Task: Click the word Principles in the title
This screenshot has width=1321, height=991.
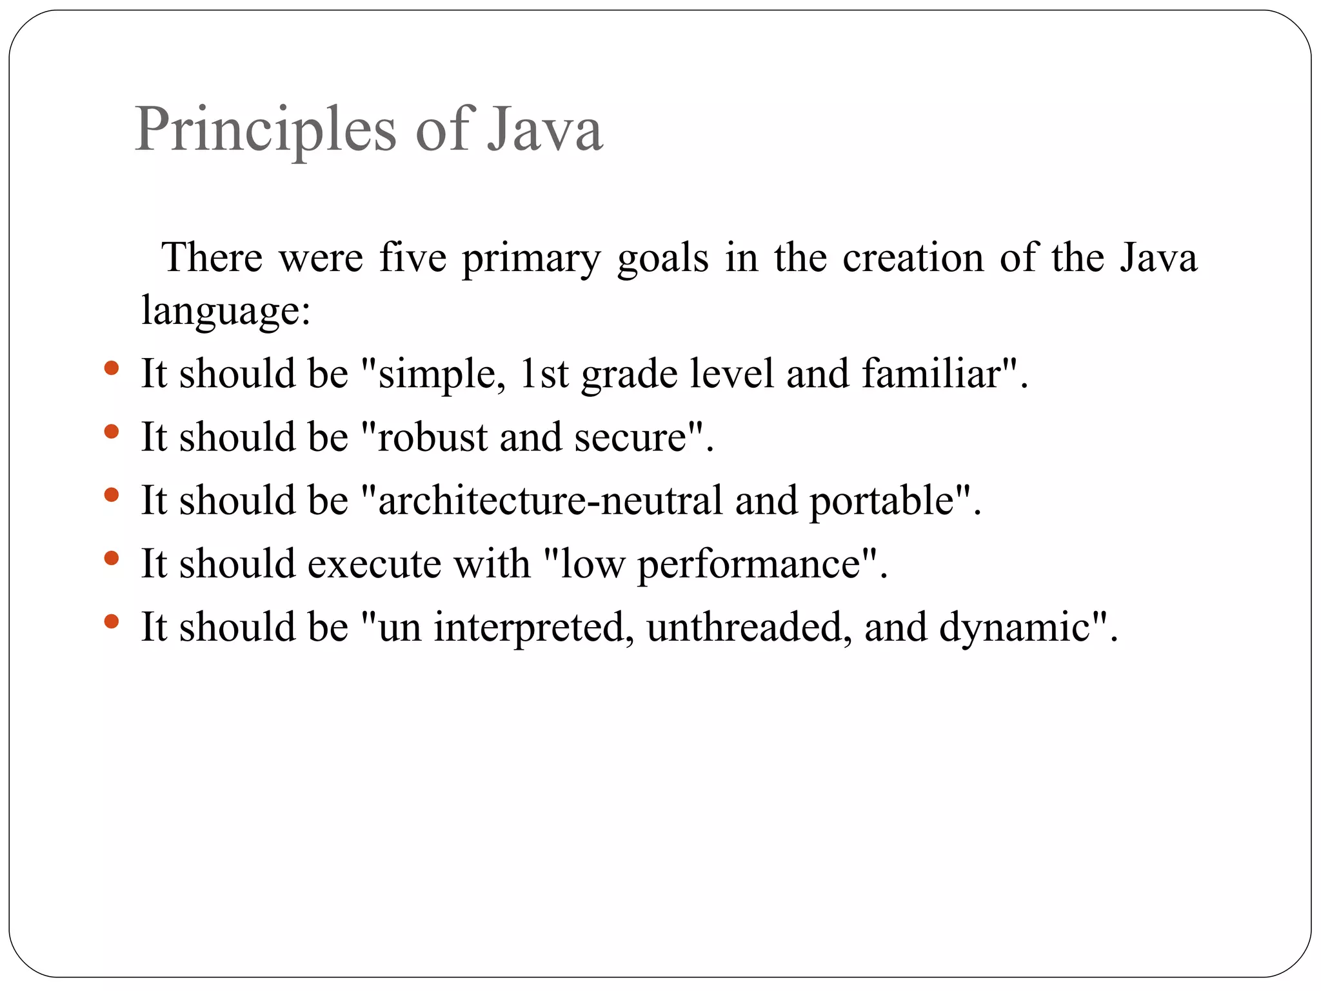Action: (265, 130)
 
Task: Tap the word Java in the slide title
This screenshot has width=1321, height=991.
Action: (545, 130)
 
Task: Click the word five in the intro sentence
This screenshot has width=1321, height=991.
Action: (413, 257)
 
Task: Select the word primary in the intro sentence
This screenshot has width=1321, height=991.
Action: (531, 259)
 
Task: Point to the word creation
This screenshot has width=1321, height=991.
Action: (913, 257)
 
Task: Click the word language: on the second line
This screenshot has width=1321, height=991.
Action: (226, 310)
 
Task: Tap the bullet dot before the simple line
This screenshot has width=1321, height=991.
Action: (112, 368)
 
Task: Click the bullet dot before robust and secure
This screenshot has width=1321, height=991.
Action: (112, 431)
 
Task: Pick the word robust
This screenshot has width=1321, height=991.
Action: (432, 437)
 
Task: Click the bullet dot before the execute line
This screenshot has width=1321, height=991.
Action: (112, 557)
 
